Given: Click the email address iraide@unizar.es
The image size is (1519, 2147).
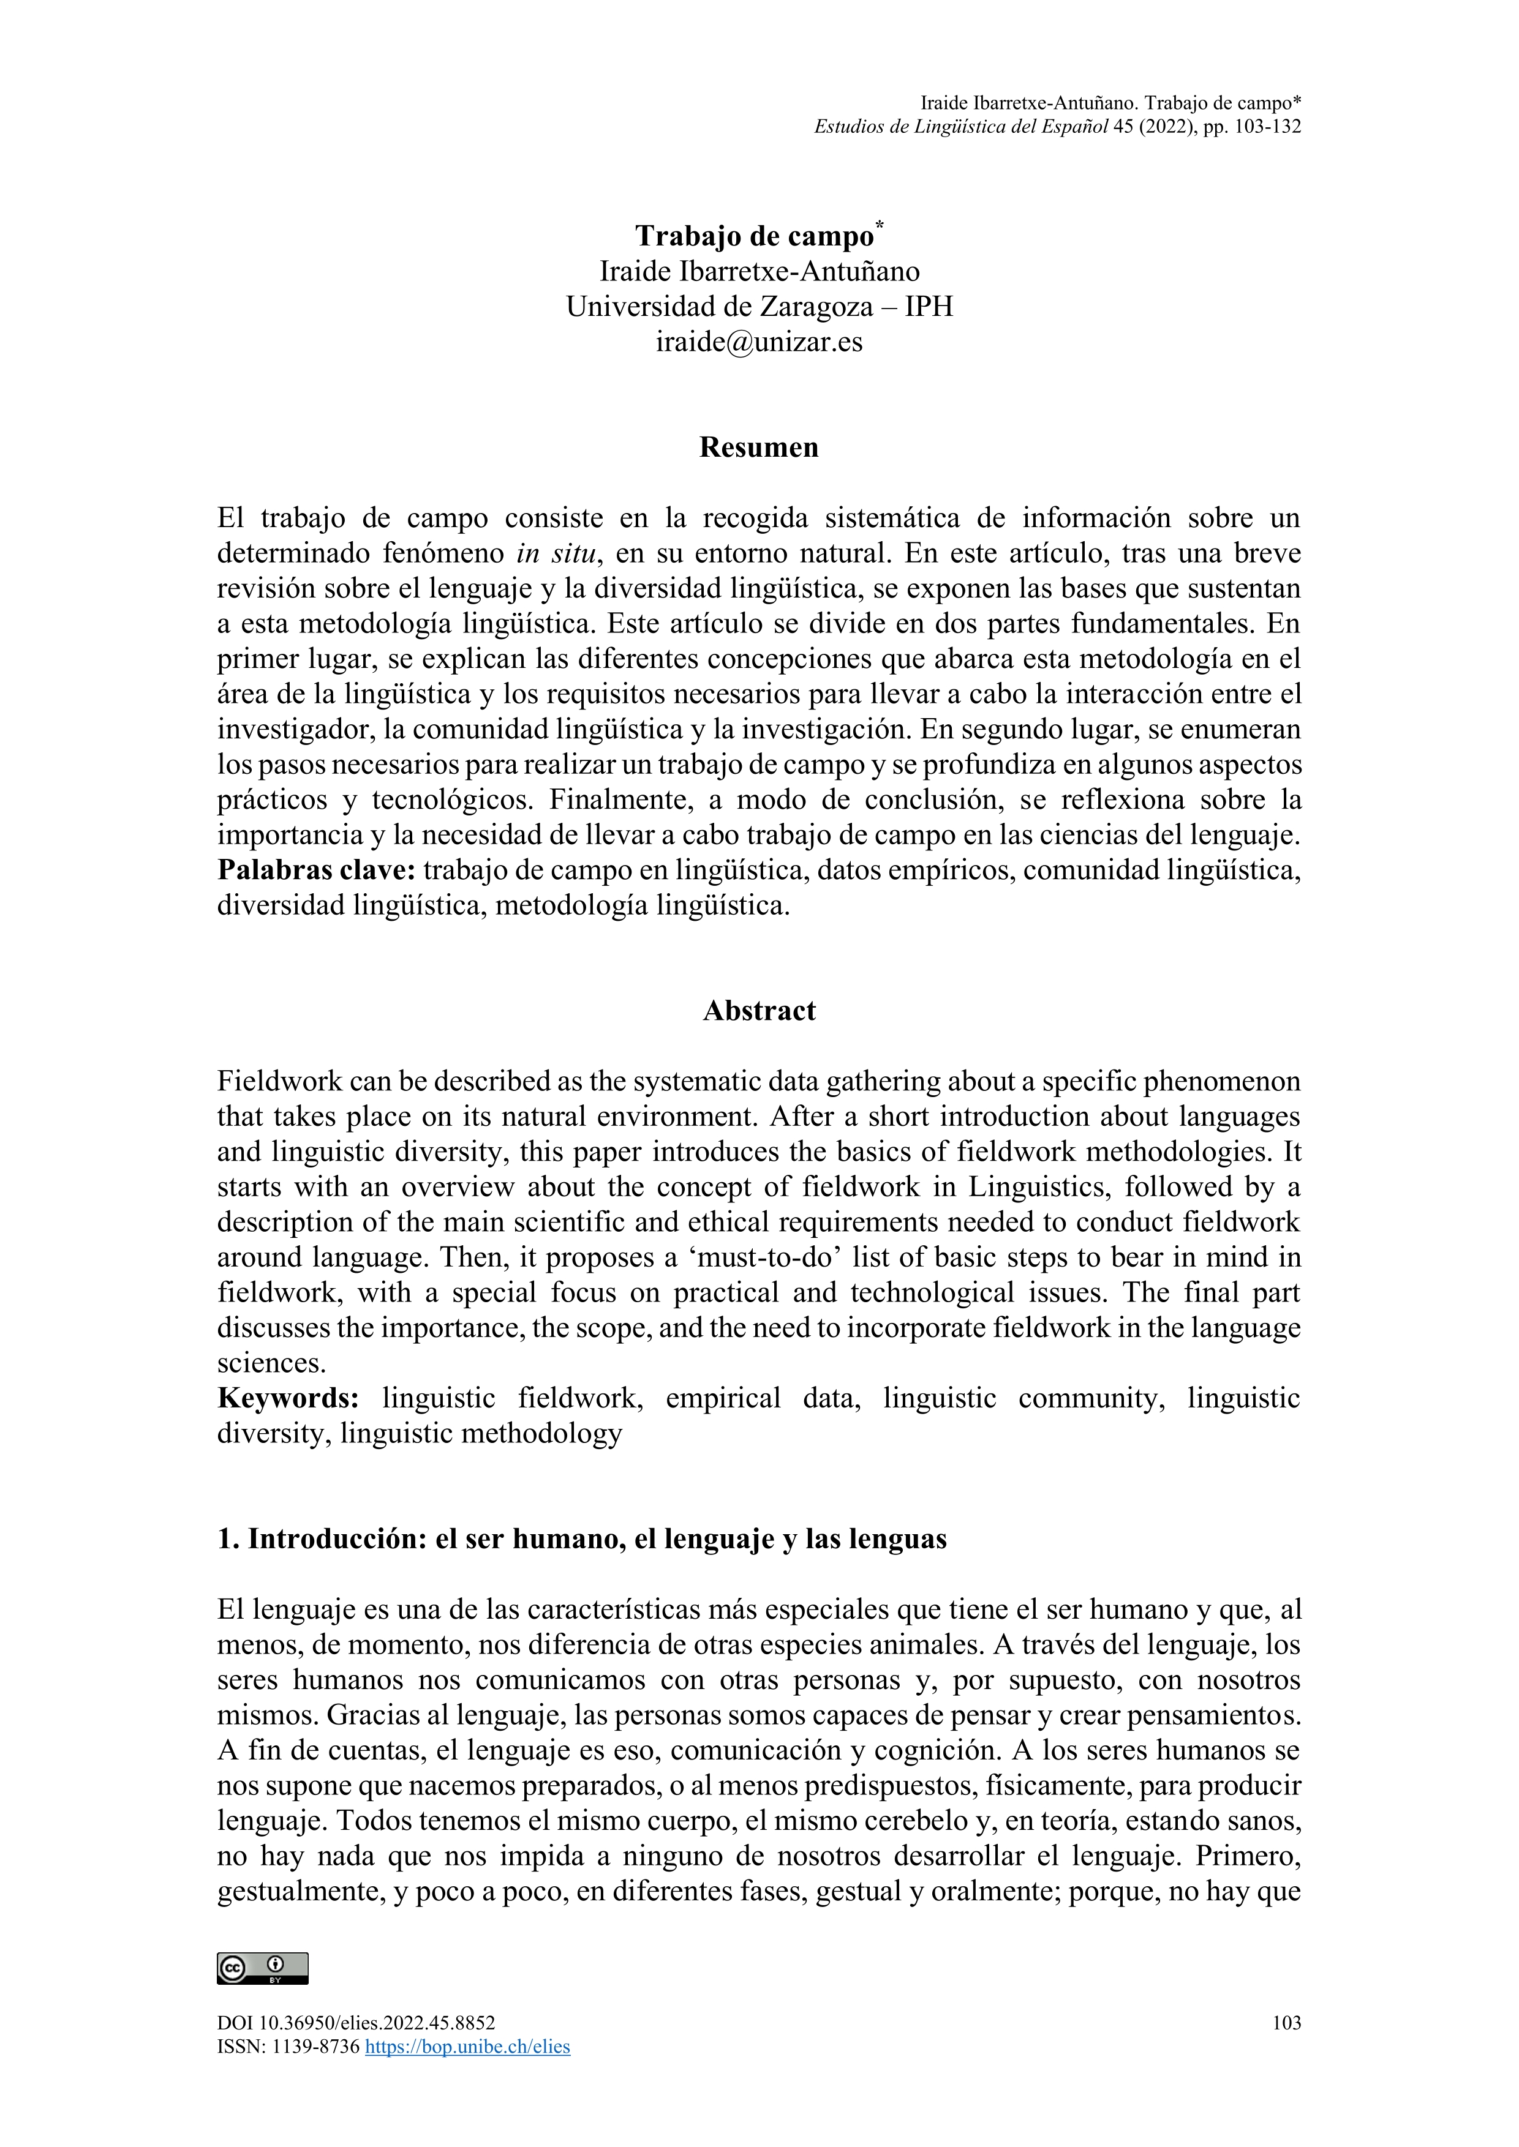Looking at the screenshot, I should pos(758,342).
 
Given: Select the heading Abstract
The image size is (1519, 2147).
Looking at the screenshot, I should pos(758,1011).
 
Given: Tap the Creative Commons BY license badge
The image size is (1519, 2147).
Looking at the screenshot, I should pos(263,1968).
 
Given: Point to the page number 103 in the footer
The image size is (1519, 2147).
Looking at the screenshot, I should pos(1286,2023).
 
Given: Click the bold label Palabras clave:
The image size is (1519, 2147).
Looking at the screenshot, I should pos(316,871).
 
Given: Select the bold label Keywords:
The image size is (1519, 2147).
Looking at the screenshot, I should pos(288,1398).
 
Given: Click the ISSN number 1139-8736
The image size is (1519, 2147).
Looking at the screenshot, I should pos(315,2047).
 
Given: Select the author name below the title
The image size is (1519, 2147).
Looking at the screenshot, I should pos(758,271).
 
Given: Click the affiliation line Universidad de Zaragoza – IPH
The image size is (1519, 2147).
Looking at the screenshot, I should pos(758,307).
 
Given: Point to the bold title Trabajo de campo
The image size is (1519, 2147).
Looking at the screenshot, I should pos(754,236).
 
